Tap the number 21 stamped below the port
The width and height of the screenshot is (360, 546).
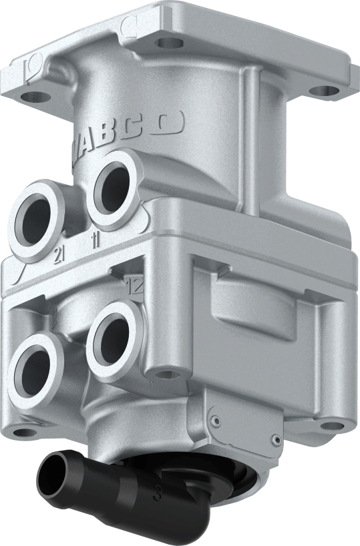pyautogui.click(x=58, y=254)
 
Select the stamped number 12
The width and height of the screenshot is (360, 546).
pyautogui.click(x=135, y=286)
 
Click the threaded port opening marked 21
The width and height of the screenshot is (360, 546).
pyautogui.click(x=37, y=221)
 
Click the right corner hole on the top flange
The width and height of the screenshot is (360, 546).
pyautogui.click(x=323, y=90)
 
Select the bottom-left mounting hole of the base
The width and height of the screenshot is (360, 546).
pyautogui.click(x=23, y=432)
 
